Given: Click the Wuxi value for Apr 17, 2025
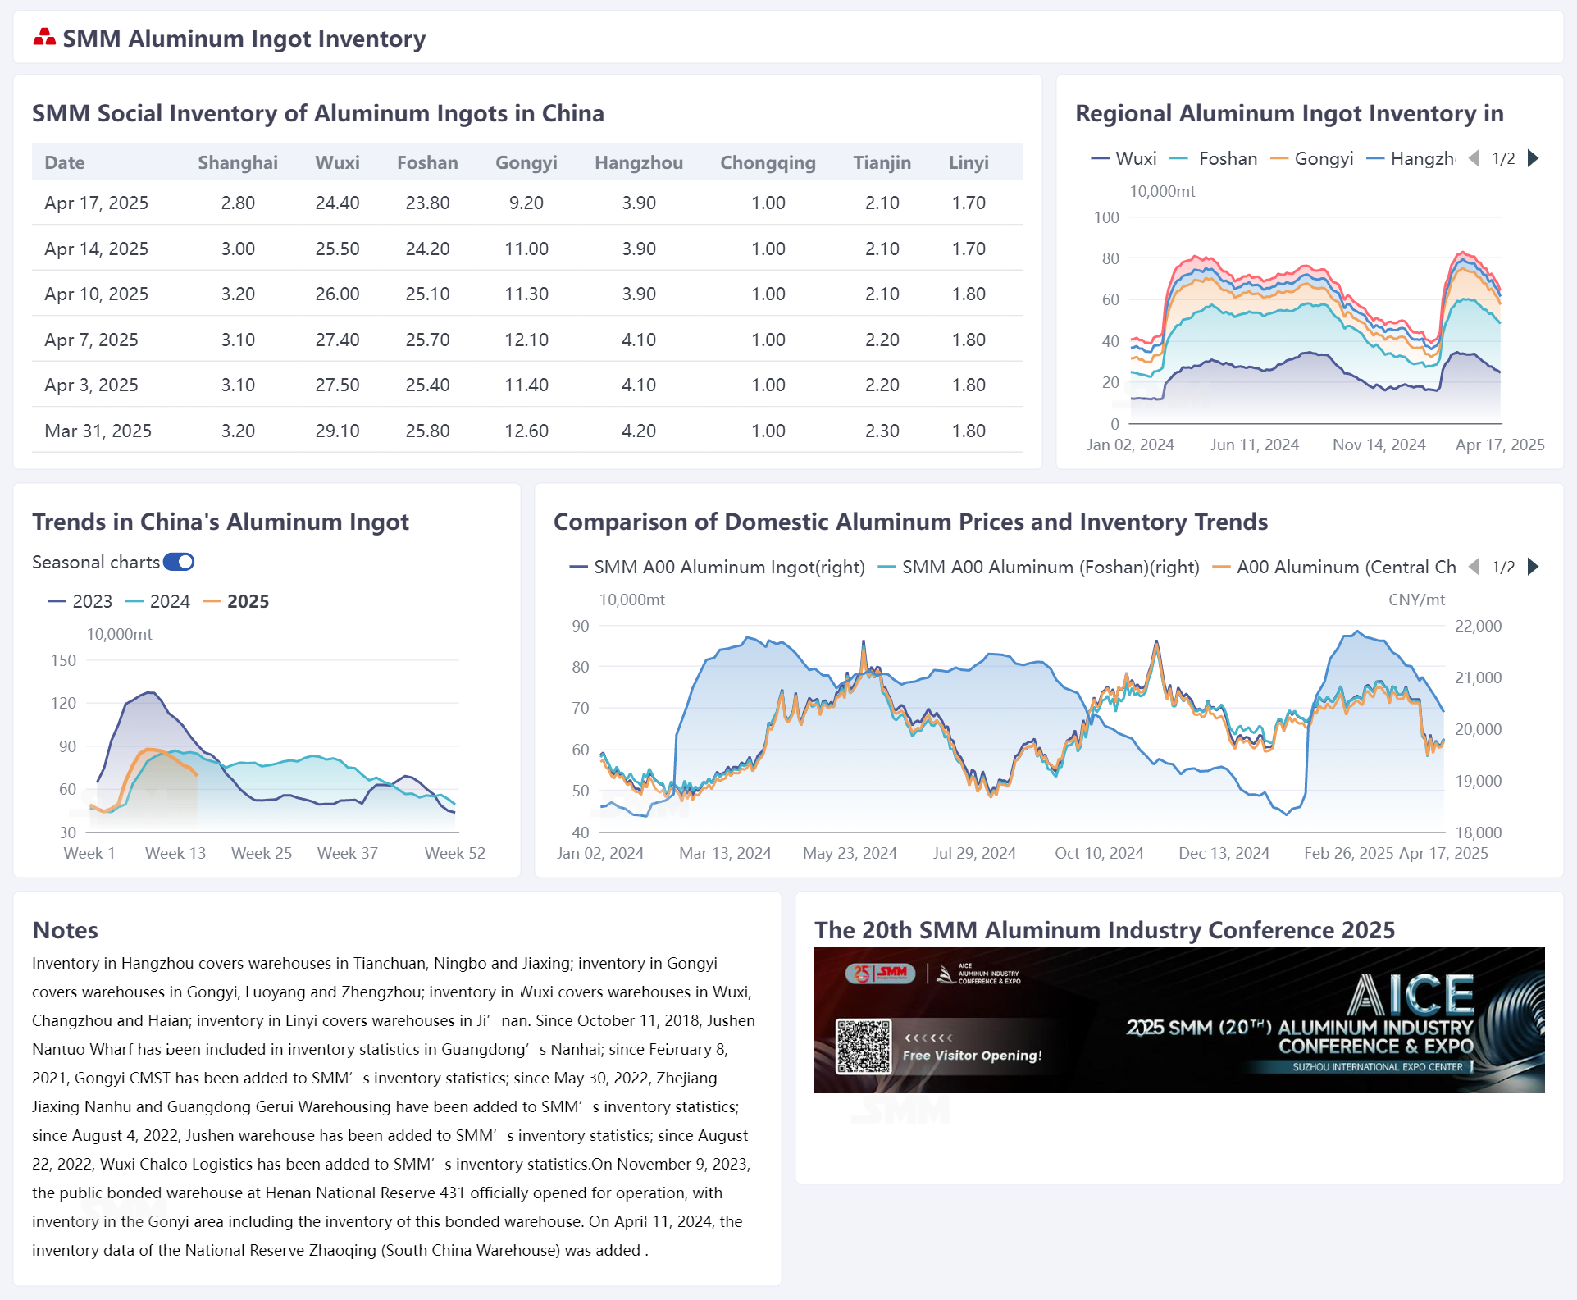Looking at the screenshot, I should [x=337, y=203].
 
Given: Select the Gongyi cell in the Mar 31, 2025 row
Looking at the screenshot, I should [x=526, y=431].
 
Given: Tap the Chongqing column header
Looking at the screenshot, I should [x=768, y=162].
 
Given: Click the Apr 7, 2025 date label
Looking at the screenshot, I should [x=91, y=340].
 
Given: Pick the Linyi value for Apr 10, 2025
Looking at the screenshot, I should [x=969, y=294].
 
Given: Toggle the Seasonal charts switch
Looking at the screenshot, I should [x=179, y=562].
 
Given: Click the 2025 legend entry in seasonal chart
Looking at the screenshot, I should [x=247, y=601].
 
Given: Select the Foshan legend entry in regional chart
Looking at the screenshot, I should [x=1227, y=158].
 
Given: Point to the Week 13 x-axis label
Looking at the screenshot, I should [x=175, y=853].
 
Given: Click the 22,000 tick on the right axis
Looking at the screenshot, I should [x=1478, y=626].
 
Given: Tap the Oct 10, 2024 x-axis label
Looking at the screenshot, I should [x=1099, y=853].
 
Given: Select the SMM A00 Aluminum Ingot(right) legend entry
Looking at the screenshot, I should [x=728, y=567].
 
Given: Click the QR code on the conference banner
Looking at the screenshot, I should [x=863, y=1047].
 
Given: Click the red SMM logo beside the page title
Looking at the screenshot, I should [x=44, y=38].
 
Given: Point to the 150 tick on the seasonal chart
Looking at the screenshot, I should [x=63, y=660].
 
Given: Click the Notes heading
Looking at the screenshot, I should [x=65, y=930].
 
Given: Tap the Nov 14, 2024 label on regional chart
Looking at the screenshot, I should [x=1379, y=445].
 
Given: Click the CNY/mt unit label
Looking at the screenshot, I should [x=1416, y=600].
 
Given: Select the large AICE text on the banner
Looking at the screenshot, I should [x=1411, y=995].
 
